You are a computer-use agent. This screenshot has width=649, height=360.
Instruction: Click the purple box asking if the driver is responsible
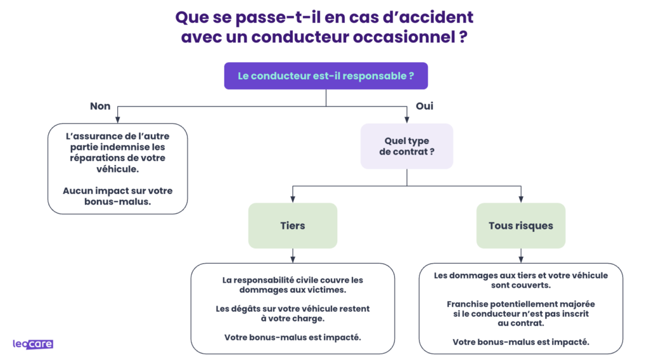point(326,76)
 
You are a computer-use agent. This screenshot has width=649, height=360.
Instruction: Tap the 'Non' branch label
point(100,106)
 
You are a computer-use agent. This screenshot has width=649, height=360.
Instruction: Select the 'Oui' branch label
point(424,106)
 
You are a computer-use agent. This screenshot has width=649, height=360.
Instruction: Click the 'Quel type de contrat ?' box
point(407,146)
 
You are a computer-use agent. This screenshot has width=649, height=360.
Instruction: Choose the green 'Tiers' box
point(292,226)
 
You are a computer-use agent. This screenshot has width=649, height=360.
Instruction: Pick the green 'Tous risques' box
point(520,226)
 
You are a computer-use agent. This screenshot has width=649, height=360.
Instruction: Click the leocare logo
point(33,344)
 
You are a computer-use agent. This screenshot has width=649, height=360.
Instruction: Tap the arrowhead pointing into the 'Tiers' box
point(292,199)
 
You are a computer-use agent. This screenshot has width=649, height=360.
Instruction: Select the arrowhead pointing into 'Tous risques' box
point(521,199)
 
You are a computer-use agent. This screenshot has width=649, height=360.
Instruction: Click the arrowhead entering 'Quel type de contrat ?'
point(407,119)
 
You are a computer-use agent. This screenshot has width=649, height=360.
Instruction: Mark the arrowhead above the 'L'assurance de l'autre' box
point(118,119)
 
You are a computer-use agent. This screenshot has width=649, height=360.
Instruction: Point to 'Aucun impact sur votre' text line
point(118,191)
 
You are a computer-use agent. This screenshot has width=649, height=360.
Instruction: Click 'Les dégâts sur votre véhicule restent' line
point(292,309)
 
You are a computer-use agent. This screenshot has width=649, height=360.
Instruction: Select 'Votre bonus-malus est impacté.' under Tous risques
point(521,342)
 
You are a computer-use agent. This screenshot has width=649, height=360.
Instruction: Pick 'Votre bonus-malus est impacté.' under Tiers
point(292,337)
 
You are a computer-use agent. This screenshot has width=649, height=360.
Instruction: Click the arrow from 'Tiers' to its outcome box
point(292,255)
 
